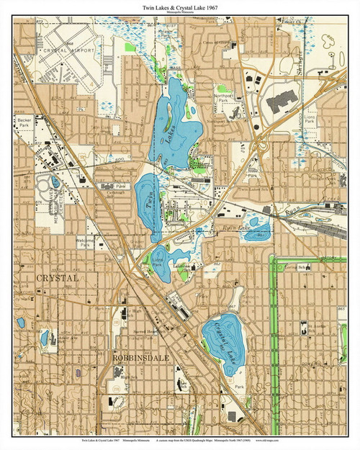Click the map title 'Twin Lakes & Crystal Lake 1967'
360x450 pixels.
179,6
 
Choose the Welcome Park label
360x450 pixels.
87,243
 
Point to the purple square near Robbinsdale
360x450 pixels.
78,372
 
